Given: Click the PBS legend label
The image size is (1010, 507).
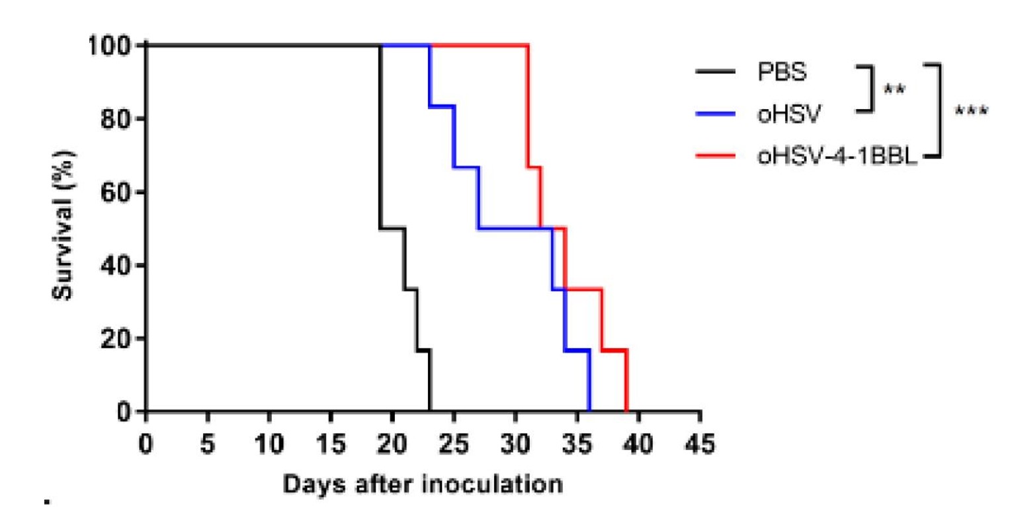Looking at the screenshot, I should point(782,73).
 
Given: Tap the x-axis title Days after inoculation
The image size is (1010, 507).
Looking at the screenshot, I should point(423,485).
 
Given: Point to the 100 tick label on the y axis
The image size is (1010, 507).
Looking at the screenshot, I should point(109,46).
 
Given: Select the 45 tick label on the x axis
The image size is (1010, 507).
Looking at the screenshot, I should point(700,444).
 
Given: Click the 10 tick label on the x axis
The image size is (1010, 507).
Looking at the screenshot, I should point(269,444).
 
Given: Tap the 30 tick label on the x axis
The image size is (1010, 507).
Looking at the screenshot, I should point(515,444).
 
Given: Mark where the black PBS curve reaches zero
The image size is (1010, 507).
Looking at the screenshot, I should point(429,410).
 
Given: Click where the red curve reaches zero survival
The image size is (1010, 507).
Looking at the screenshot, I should point(626,410).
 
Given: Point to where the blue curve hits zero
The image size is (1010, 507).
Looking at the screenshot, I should point(589,410).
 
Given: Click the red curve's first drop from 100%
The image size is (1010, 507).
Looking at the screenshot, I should point(528,46).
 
